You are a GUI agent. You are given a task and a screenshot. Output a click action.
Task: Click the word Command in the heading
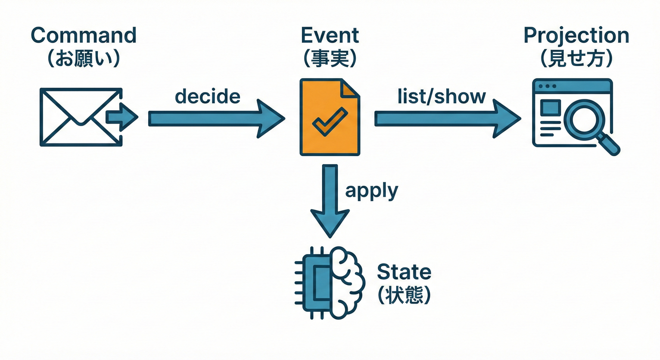click(84, 36)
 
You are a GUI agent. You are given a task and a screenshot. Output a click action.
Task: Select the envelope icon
click(80, 117)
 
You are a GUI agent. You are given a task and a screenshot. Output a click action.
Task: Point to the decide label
click(208, 96)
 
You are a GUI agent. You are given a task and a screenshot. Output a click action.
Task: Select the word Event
click(330, 36)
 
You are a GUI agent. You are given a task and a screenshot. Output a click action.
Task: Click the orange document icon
click(330, 117)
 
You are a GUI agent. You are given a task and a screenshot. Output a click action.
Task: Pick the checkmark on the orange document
click(330, 120)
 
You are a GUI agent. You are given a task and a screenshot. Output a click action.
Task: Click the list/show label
click(442, 96)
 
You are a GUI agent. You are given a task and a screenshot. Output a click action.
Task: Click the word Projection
click(576, 36)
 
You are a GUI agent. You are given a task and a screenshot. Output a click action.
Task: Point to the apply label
click(371, 191)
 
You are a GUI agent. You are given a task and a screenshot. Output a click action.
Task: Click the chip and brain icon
click(330, 282)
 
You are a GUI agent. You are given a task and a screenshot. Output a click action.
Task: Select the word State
click(404, 272)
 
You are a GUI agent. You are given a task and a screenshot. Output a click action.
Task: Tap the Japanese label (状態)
click(404, 295)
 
